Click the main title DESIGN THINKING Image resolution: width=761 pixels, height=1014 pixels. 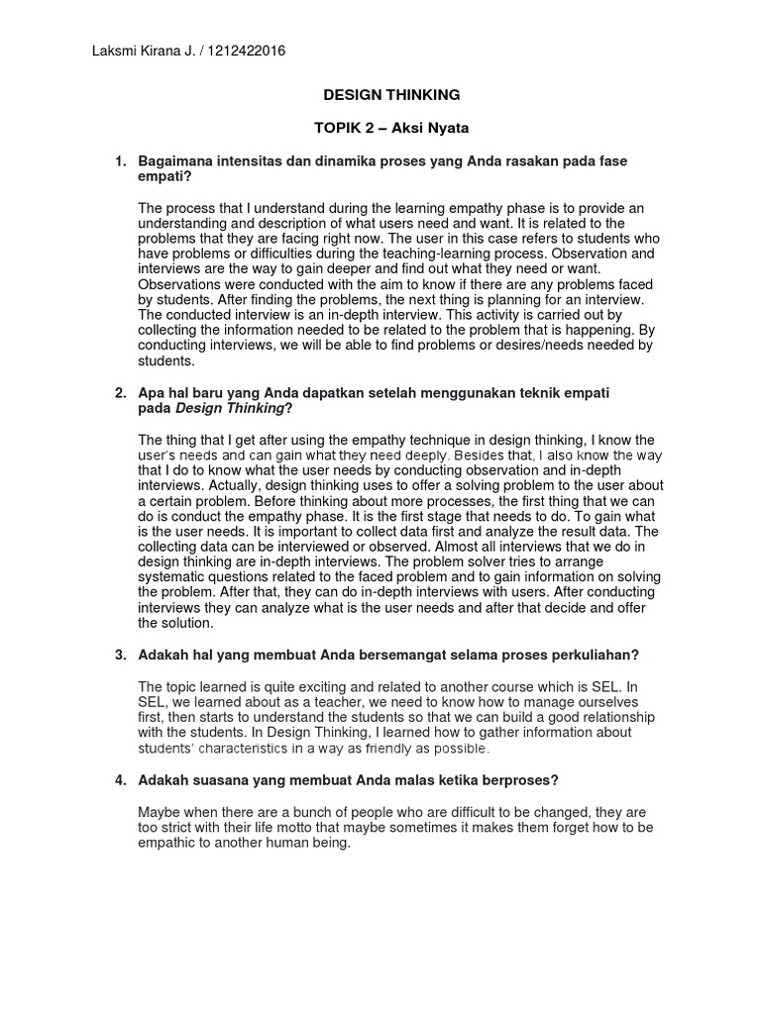tap(393, 95)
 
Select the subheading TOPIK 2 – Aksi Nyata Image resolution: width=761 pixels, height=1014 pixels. tap(393, 130)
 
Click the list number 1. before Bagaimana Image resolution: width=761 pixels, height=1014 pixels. tap(122, 160)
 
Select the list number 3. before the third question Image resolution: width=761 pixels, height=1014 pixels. tap(122, 655)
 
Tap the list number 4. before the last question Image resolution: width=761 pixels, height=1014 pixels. tap(122, 780)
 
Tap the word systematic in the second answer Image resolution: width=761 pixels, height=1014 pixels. tap(171, 577)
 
